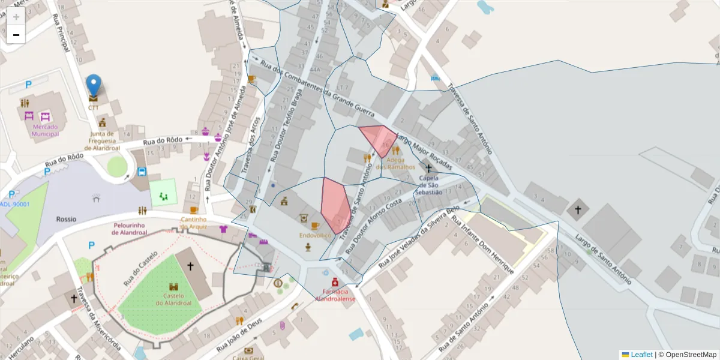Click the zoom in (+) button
(16, 17)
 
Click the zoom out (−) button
(16, 35)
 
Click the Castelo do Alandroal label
(174, 299)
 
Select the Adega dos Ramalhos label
(395, 163)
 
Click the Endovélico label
(316, 236)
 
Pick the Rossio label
(66, 219)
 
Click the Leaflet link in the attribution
(641, 355)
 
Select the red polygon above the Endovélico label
(334, 204)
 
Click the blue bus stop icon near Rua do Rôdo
(142, 171)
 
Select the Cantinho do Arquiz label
(194, 223)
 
